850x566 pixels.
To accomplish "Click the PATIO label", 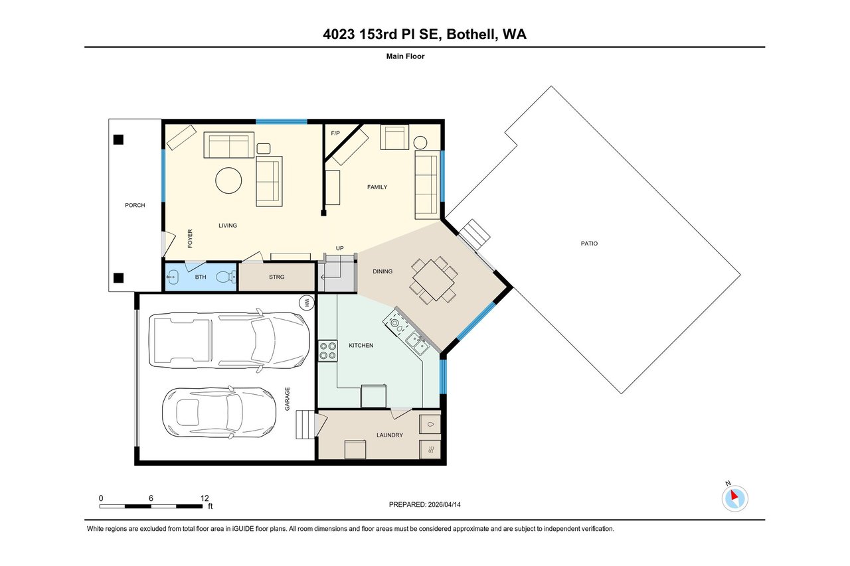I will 588,244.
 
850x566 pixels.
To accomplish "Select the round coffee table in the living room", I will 228,180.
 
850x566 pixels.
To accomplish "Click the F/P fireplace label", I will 335,133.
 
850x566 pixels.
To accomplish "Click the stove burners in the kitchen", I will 327,350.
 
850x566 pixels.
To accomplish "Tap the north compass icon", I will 734,498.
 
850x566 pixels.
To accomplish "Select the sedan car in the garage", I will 219,413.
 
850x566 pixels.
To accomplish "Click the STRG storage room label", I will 276,277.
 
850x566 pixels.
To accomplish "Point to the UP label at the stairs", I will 339,248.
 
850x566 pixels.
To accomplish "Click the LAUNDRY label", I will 389,435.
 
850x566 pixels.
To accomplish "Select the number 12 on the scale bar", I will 204,498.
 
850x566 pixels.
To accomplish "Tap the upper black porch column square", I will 118,139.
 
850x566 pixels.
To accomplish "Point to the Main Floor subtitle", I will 405,56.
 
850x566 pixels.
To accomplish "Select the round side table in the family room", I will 421,142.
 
